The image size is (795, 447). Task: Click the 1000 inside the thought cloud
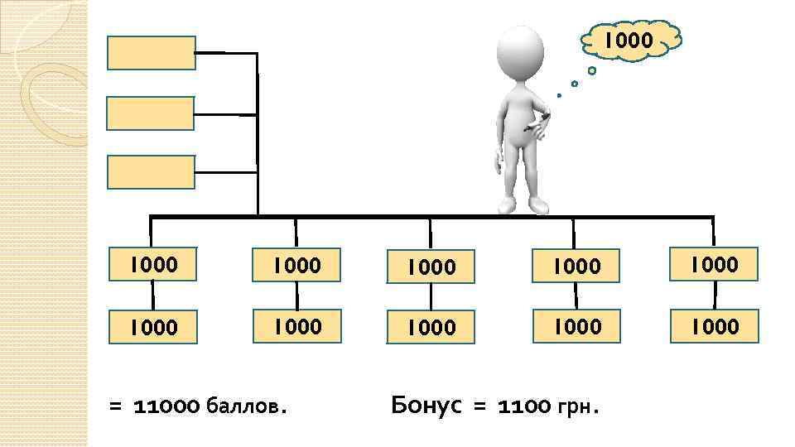629,40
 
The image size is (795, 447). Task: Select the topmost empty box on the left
152,52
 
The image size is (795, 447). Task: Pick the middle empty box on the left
152,113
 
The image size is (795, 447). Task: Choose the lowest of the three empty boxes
152,172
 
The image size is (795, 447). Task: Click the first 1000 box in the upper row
153,265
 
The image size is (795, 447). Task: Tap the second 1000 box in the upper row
296,265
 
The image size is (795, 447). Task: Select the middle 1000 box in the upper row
432,267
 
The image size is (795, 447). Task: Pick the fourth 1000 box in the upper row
576,266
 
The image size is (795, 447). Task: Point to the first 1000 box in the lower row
153,328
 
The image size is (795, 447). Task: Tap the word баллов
249,406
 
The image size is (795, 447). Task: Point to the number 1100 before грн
525,406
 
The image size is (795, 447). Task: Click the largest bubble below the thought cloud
592,71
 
